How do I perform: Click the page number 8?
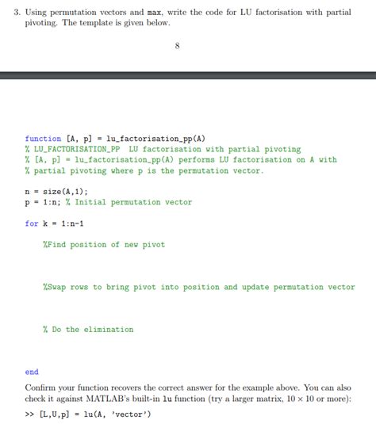(177, 45)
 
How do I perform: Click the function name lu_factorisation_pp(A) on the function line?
(155, 138)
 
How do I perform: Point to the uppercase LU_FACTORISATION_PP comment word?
(75, 149)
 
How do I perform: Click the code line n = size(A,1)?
(56, 191)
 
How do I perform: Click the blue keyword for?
(32, 223)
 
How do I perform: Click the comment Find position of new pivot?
(105, 245)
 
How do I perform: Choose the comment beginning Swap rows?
(198, 287)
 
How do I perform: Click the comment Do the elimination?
(88, 330)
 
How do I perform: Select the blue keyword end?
(32, 372)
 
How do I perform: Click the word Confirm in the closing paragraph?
(42, 388)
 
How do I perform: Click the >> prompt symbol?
(29, 414)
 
